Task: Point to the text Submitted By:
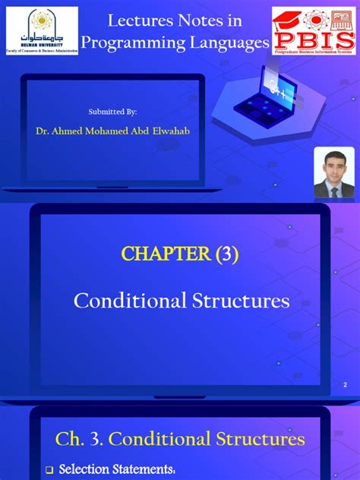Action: pos(113,112)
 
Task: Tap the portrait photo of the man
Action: pos(334,172)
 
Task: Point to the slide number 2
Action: pos(345,386)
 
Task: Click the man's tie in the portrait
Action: pos(334,190)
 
